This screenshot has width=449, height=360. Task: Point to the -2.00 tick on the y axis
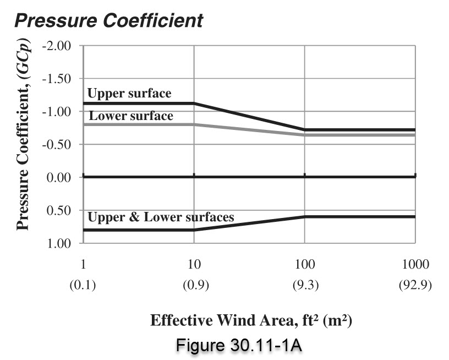(57, 45)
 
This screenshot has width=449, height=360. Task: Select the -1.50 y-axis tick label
(57, 78)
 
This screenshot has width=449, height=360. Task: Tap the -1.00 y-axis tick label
(57, 111)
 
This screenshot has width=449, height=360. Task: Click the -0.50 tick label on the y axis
(57, 144)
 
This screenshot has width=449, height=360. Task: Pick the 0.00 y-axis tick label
(59, 177)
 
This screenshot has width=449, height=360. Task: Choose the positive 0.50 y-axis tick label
(59, 210)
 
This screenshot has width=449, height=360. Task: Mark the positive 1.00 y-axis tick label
(59, 243)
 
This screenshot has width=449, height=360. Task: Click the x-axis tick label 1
(83, 264)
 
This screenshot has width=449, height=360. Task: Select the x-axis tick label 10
(194, 264)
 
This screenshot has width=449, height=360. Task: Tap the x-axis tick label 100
(304, 264)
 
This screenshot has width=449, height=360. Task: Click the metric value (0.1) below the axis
(83, 286)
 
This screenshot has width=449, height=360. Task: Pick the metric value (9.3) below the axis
(304, 286)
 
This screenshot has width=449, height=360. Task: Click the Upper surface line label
(130, 94)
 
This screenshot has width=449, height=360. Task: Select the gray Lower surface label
(131, 116)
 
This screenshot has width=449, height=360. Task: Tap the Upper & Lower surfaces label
(161, 217)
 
